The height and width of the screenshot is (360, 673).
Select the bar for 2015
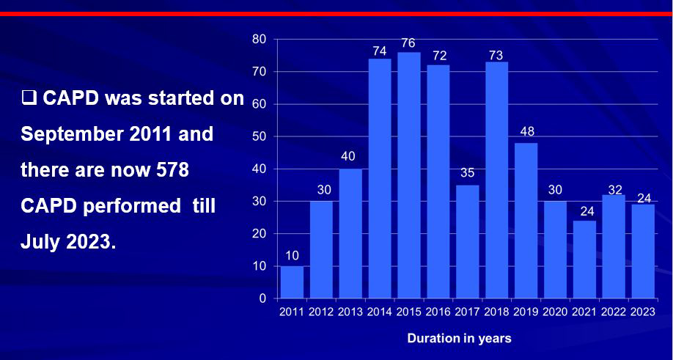[409, 175]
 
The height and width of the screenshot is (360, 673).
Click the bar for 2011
[292, 282]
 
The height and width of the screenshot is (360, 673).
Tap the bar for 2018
[496, 180]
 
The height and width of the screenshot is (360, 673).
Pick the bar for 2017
[467, 241]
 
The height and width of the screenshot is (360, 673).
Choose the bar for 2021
[584, 260]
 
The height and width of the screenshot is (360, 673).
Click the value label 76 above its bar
[409, 44]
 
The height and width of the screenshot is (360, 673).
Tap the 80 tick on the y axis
[260, 39]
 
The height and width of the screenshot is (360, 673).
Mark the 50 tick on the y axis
[260, 136]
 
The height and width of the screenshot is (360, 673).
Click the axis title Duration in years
[460, 339]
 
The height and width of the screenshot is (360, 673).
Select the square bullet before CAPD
[29, 98]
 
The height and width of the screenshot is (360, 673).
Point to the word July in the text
[40, 242]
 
